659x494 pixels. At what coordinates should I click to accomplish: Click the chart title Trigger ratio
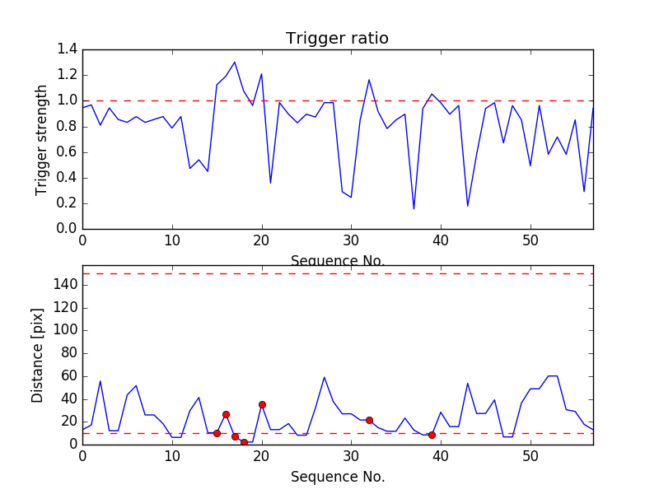tap(337, 39)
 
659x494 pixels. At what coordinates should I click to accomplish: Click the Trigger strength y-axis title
tap(42, 139)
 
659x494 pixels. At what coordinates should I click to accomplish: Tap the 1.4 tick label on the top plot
tap(67, 49)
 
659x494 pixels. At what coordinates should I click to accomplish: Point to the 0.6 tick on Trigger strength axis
tap(67, 151)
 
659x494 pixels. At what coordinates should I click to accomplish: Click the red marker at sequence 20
tap(262, 404)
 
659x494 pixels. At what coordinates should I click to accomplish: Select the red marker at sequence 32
tap(369, 420)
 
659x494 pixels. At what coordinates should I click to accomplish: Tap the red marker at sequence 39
tap(432, 435)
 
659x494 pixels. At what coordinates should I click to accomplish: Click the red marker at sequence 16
tap(226, 414)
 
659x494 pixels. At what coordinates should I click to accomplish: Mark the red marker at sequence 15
tap(217, 433)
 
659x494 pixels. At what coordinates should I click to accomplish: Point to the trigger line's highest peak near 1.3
tap(235, 62)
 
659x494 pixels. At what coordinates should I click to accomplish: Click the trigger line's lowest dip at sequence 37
tap(414, 208)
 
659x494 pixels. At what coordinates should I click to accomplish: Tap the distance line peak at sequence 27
tap(325, 377)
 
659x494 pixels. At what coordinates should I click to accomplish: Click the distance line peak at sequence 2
tap(100, 380)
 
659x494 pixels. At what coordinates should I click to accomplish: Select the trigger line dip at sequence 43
tap(468, 206)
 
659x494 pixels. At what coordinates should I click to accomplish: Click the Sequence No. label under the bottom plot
tap(337, 477)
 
